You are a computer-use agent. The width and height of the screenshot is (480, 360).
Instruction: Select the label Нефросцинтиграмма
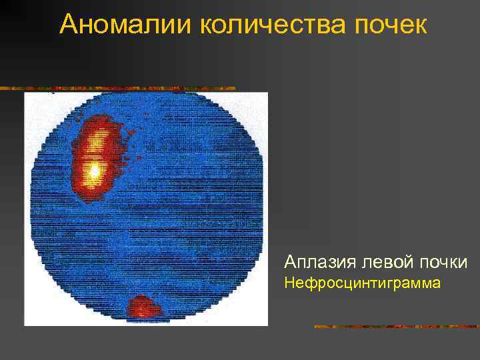tap(362, 283)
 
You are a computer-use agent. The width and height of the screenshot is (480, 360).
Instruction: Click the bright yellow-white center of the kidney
tap(95, 171)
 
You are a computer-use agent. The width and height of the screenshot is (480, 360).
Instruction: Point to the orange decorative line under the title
tap(120, 88)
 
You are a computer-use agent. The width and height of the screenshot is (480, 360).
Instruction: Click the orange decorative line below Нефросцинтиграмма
tap(397, 327)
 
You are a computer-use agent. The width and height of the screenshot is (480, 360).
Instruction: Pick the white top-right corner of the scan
tap(260, 100)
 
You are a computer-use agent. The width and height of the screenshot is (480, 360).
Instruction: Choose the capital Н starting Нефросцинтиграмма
tap(289, 283)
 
